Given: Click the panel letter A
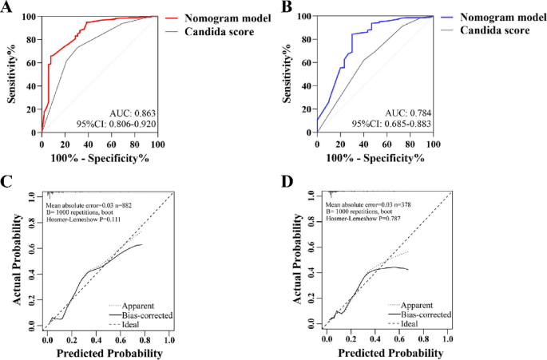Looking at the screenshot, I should click(7, 8).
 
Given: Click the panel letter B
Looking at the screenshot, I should click(285, 8).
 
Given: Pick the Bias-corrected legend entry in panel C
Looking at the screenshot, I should click(132, 315).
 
